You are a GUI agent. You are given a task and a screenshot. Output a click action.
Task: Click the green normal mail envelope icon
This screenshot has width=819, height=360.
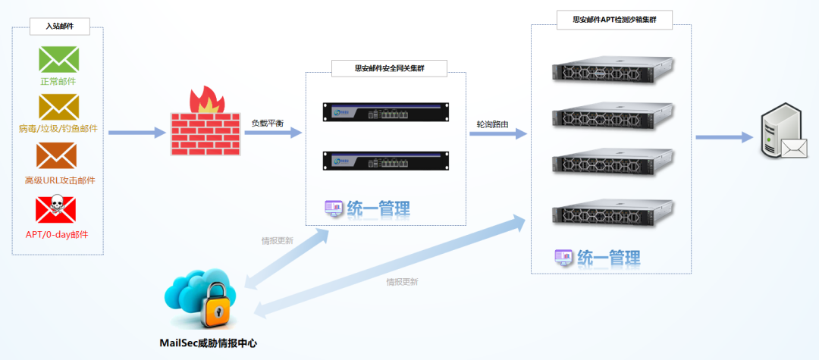coord(58,58)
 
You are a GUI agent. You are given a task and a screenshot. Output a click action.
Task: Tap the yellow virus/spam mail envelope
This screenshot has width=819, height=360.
coord(58,106)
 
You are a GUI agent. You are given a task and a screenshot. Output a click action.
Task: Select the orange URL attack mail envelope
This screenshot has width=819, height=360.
coord(57,156)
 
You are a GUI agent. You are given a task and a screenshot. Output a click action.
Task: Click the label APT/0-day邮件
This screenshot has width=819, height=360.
coord(57,234)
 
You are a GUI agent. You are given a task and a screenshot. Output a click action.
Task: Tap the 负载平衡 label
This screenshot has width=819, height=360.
coord(268,123)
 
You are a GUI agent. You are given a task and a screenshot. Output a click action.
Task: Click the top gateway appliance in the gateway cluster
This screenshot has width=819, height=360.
coord(384,113)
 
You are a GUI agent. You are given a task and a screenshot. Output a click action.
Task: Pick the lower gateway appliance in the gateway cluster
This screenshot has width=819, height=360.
coord(384,161)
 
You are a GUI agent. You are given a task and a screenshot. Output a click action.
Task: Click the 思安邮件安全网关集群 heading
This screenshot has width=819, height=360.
coord(389,68)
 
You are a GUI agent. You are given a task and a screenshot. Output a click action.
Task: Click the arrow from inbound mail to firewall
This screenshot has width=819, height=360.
coord(136,133)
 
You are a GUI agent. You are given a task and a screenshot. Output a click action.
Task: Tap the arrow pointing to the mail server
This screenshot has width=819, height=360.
coord(724,138)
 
